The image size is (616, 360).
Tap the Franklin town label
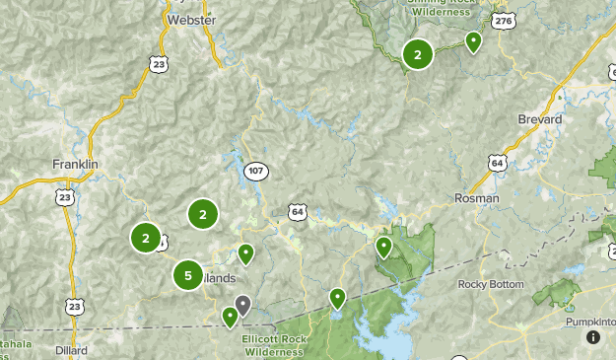point(76,163)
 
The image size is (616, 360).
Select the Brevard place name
point(539,119)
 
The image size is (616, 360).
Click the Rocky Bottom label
point(490,284)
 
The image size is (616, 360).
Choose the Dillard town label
point(71,350)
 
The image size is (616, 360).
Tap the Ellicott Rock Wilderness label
point(273,345)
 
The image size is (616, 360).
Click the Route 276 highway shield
point(504,20)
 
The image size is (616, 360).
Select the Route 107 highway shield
point(256,171)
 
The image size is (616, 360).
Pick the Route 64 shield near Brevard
point(497,162)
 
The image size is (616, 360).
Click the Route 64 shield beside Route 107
point(298,211)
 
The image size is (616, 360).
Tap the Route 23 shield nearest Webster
point(160,63)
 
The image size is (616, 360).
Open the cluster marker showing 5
point(188,276)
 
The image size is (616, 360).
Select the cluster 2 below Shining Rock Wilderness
point(418,55)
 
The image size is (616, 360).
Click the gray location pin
point(242,305)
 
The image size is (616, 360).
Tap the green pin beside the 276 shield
point(473,41)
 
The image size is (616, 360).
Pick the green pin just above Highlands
point(245,253)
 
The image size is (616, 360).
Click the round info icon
point(592,336)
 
